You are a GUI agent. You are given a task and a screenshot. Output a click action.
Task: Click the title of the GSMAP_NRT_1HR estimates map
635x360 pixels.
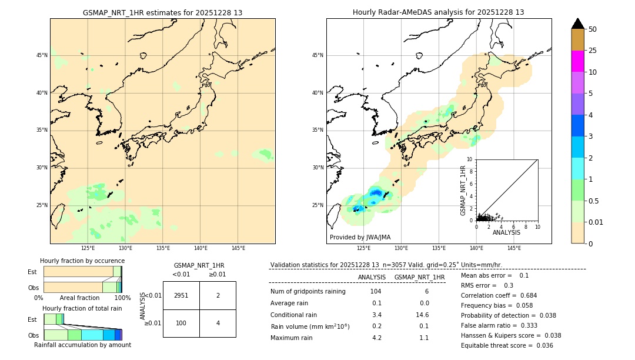[162, 12]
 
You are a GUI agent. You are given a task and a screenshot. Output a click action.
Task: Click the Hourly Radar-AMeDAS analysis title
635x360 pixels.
[438, 12]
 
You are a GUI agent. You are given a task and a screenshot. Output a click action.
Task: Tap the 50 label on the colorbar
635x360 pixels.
[593, 29]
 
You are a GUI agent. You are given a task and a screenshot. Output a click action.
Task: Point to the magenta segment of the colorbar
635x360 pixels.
[577, 61]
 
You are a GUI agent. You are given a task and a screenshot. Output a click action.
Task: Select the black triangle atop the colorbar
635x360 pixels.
[577, 24]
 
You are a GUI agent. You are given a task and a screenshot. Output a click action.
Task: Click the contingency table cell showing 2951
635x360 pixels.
[181, 295]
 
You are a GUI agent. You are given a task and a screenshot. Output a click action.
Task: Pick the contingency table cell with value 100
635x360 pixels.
[181, 323]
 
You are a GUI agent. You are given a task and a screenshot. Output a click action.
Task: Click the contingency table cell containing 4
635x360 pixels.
[218, 323]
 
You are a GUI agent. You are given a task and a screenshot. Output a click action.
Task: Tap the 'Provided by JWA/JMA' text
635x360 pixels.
[360, 238]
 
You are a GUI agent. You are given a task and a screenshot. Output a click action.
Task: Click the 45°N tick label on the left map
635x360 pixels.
[42, 55]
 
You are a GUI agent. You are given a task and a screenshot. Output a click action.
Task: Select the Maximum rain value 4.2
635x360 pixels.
[376, 338]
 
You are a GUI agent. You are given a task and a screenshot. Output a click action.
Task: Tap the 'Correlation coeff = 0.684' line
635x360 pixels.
[499, 295]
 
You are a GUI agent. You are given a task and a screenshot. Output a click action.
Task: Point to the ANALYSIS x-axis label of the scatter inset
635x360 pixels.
[506, 233]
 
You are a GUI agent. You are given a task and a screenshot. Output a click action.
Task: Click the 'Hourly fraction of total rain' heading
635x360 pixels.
[82, 308]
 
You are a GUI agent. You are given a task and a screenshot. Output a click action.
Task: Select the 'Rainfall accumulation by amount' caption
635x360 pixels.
[82, 345]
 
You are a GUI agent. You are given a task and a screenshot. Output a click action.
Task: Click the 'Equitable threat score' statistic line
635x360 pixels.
[507, 345]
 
